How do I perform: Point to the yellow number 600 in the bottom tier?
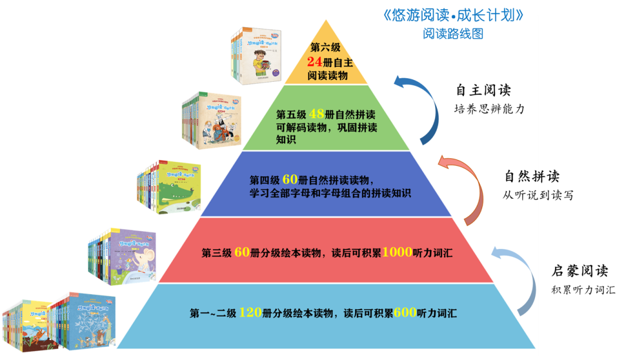(x=405, y=312)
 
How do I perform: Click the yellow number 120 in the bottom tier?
(x=250, y=312)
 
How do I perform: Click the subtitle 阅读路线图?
(x=453, y=34)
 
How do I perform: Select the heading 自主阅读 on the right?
(x=483, y=90)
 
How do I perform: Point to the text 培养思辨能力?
(x=489, y=109)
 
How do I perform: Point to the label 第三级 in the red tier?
(x=216, y=252)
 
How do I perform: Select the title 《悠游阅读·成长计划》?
(x=453, y=15)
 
